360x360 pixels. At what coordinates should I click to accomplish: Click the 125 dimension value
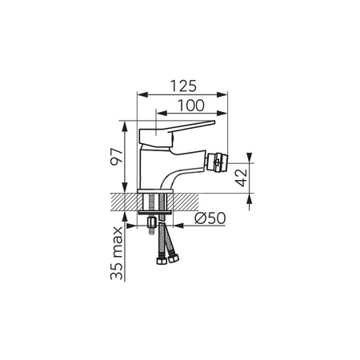183,86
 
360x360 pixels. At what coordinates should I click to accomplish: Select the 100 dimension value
191,106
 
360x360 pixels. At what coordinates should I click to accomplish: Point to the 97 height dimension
117,157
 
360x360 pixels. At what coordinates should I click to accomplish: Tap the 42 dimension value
242,178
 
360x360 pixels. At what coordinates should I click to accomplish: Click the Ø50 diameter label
210,218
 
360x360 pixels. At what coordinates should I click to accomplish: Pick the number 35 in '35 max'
117,271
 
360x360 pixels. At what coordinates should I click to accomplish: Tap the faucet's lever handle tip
214,122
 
